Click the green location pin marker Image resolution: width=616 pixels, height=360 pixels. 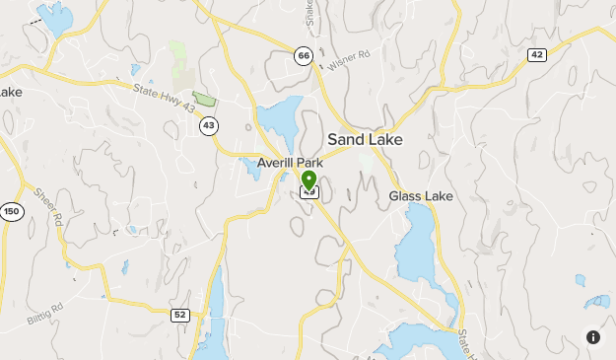click(308, 180)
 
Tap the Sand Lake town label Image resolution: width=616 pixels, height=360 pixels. click(365, 139)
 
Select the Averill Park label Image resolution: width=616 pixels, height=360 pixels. click(290, 163)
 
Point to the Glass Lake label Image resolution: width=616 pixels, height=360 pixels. click(421, 196)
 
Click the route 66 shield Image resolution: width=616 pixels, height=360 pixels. click(304, 55)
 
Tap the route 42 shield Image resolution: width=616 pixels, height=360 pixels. click(536, 54)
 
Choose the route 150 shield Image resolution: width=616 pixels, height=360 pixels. click(12, 212)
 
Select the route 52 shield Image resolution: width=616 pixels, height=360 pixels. click(179, 315)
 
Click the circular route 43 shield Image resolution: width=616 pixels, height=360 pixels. click(208, 125)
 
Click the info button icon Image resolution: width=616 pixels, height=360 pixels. click(593, 337)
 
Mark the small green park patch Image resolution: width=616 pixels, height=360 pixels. click(204, 98)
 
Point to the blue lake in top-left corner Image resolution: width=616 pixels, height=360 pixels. click(54, 19)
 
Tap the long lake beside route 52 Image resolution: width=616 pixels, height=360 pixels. click(212, 311)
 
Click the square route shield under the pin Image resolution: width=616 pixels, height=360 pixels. click(309, 192)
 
